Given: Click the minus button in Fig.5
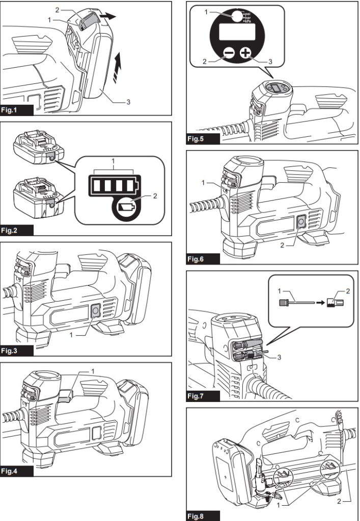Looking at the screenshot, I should [x=229, y=53].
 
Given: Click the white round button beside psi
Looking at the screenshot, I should [x=236, y=16].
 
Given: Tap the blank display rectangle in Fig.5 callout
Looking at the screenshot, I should [x=237, y=34].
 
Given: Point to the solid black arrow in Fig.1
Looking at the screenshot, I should [x=107, y=16].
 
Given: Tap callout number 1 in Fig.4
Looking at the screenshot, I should [x=92, y=371].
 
